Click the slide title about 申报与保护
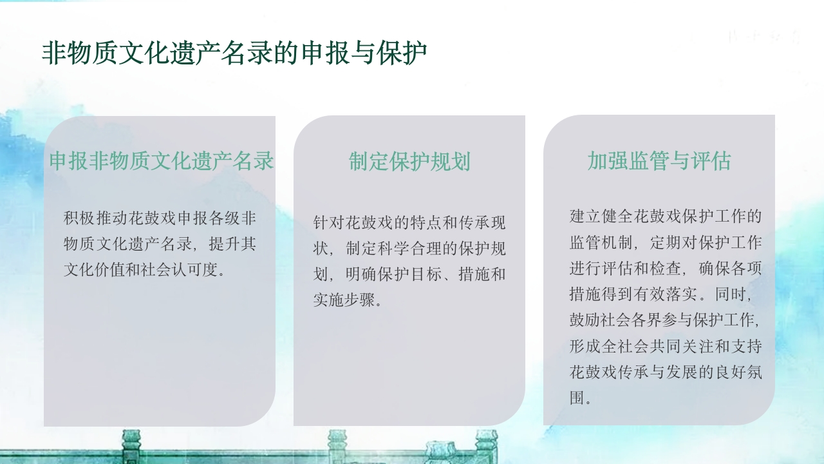pos(234,53)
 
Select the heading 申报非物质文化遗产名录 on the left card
pos(162,161)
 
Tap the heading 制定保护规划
pos(409,161)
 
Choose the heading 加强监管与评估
pos(659,161)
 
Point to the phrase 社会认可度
pos(184,270)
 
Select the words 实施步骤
pos(345,300)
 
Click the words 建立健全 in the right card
pos(601,217)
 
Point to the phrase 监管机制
pos(601,243)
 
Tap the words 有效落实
pos(666,295)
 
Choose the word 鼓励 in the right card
pos(585,320)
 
